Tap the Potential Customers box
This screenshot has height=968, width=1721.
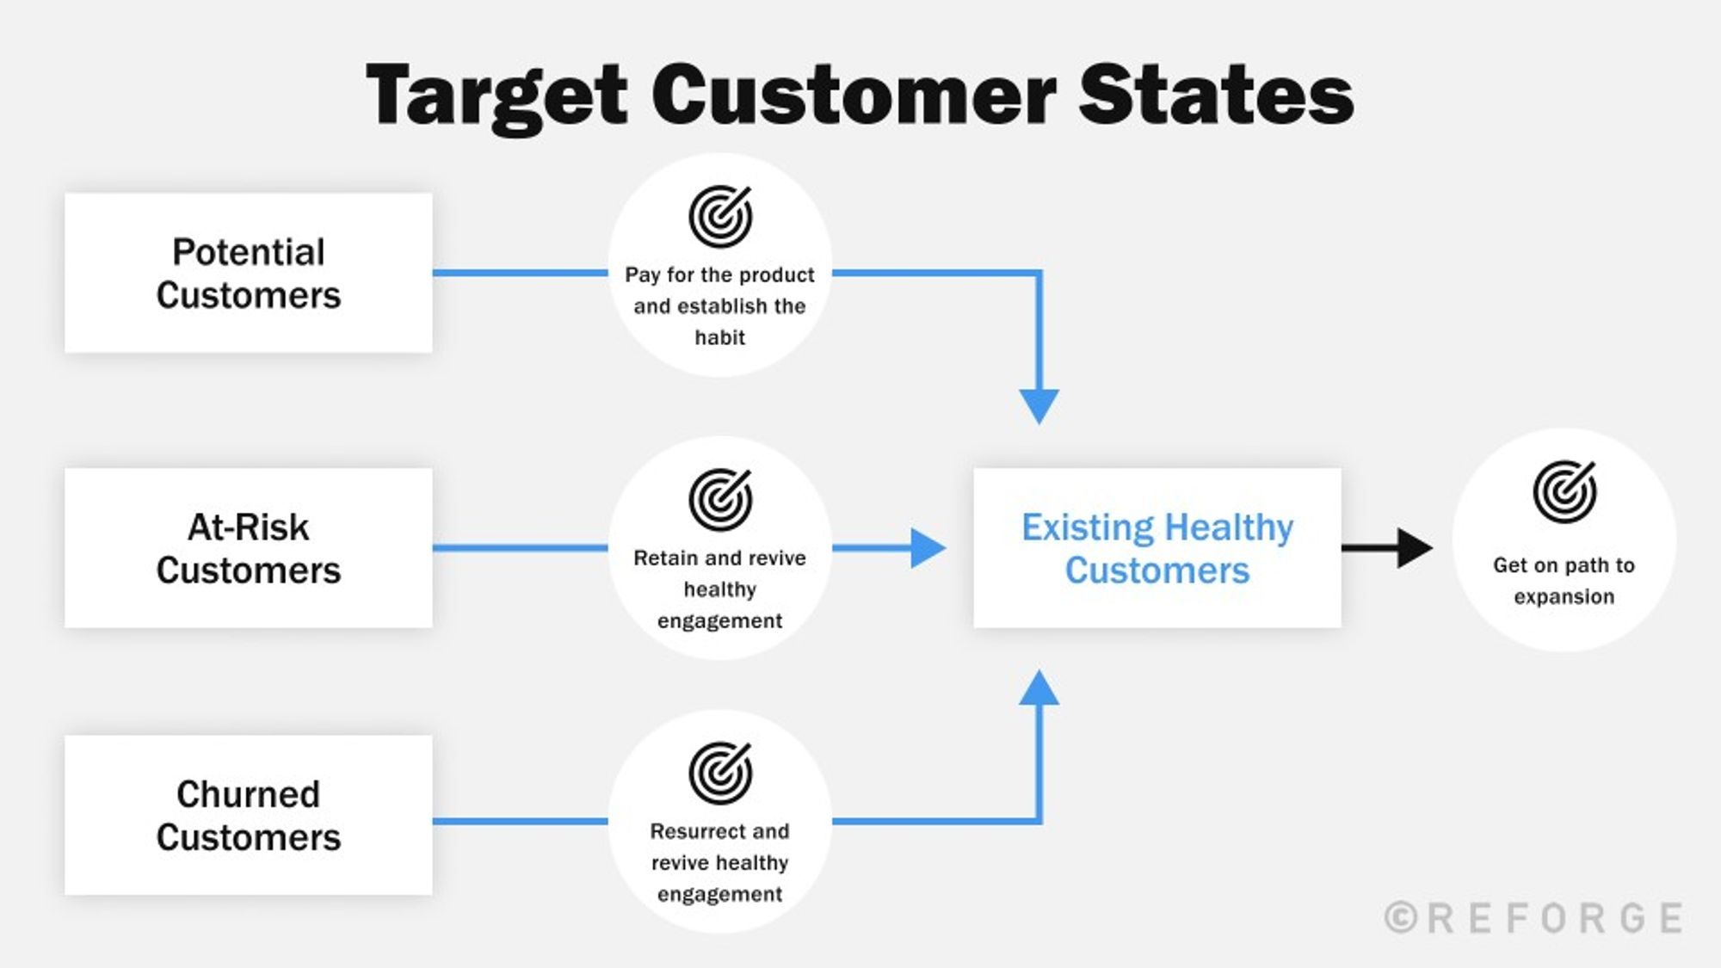(248, 273)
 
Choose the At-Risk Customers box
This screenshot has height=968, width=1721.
(248, 548)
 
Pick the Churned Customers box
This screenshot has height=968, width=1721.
(248, 815)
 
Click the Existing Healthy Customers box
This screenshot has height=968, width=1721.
(1157, 548)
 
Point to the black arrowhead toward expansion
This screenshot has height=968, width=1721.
(1413, 548)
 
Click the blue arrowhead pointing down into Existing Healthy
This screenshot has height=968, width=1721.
(1039, 404)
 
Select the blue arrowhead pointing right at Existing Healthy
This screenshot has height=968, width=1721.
(927, 548)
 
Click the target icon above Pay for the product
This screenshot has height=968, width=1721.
(720, 216)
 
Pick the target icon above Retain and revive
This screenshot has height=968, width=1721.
(720, 499)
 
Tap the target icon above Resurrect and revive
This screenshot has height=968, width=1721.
(720, 773)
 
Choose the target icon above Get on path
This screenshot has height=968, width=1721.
(1564, 492)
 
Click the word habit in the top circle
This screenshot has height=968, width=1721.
(720, 337)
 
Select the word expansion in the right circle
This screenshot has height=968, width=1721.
(1564, 596)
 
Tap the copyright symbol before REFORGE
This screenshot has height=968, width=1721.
(1401, 918)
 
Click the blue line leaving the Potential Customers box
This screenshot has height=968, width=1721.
(520, 273)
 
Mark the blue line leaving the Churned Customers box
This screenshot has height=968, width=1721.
(520, 821)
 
